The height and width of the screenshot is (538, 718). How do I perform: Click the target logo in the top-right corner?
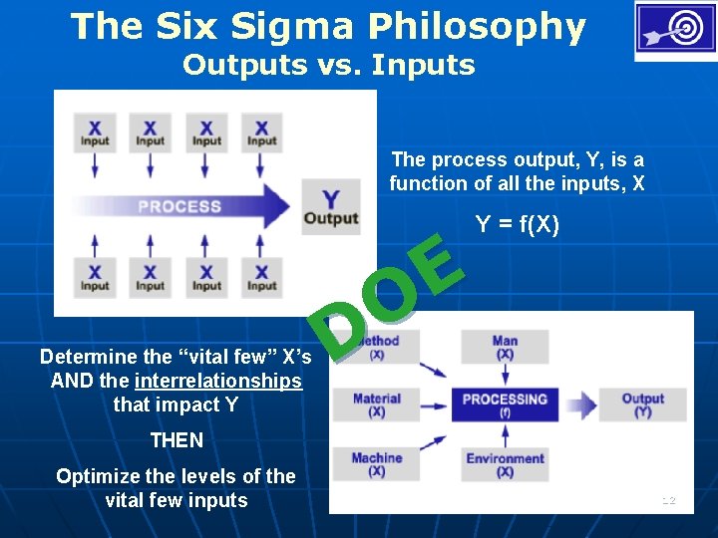point(675,31)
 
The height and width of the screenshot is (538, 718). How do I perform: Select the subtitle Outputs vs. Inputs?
point(328,66)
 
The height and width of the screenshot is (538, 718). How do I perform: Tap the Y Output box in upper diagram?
point(331,206)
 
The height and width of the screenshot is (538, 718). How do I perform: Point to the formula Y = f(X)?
point(518,226)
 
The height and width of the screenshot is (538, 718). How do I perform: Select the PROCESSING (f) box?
point(505,404)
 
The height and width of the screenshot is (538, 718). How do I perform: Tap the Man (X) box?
point(505,347)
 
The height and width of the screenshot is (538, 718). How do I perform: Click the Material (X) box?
point(376,404)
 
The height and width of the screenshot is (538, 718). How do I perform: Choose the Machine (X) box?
point(376,463)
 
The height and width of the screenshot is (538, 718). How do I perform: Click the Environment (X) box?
point(505,464)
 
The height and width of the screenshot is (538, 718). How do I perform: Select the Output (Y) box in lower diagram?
point(643,404)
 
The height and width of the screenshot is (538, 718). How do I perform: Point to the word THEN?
point(176,440)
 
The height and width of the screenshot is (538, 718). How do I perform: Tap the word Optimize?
point(97,476)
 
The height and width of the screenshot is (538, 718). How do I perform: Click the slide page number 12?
point(668,500)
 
